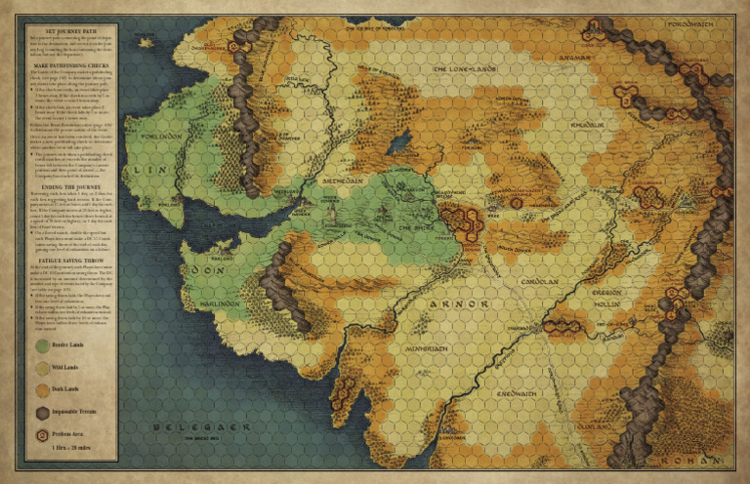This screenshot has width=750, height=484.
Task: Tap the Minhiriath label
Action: pos(423,348)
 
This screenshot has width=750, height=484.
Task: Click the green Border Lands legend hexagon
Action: pos(42,345)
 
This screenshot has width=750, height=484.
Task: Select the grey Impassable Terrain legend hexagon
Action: pos(42,413)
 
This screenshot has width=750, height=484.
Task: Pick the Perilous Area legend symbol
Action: pos(42,435)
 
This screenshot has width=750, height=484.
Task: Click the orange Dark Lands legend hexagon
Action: pos(42,390)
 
